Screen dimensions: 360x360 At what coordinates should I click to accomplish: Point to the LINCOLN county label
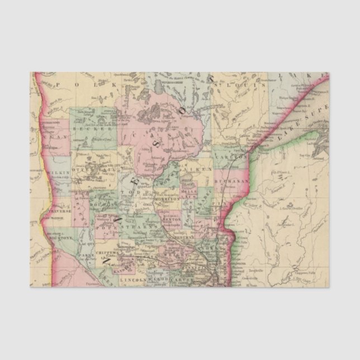133,278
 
